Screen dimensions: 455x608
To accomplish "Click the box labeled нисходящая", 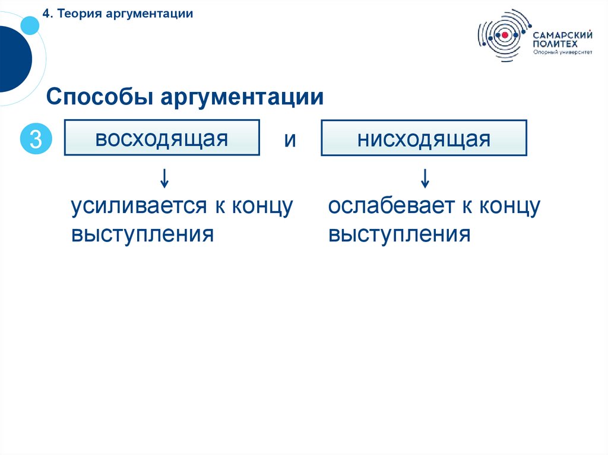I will [423, 138].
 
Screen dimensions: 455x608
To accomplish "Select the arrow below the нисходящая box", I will [425, 177].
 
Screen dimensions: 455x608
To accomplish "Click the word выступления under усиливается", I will [142, 234].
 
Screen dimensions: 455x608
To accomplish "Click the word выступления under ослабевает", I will [399, 234].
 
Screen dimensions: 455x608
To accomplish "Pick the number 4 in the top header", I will [45, 14].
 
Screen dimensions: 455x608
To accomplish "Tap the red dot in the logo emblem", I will [505, 36].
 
